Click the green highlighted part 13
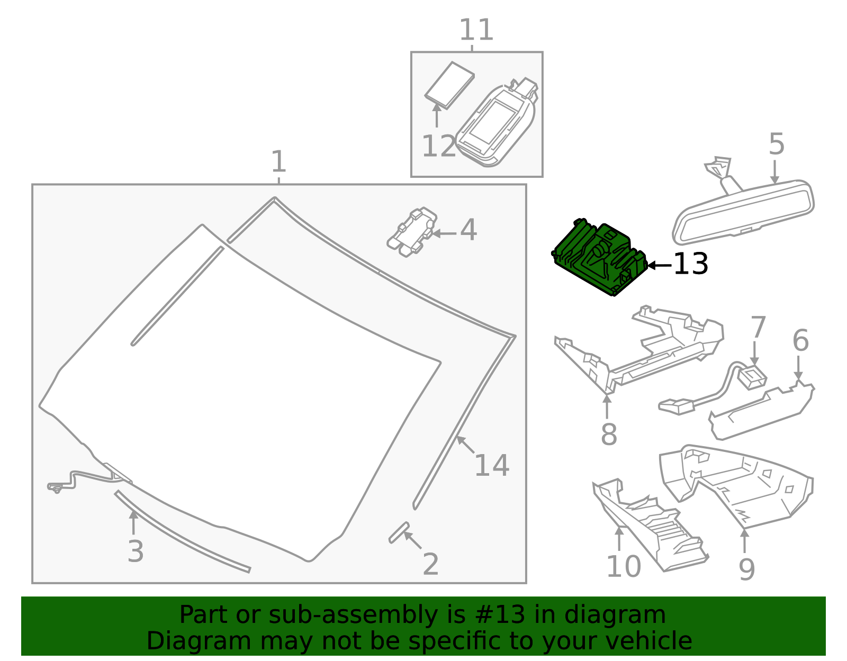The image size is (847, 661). tap(598, 257)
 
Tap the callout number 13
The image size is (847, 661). tap(690, 264)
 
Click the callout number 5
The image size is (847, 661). tap(776, 144)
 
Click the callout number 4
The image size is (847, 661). tap(468, 230)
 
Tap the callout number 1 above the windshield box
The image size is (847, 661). tap(278, 162)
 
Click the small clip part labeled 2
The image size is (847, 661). tap(399, 532)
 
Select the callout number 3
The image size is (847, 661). tap(136, 552)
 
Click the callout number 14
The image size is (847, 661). tap(491, 466)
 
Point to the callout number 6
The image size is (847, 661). tap(800, 341)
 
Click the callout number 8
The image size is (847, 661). tap(609, 435)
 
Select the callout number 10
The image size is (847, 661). tap(623, 567)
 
